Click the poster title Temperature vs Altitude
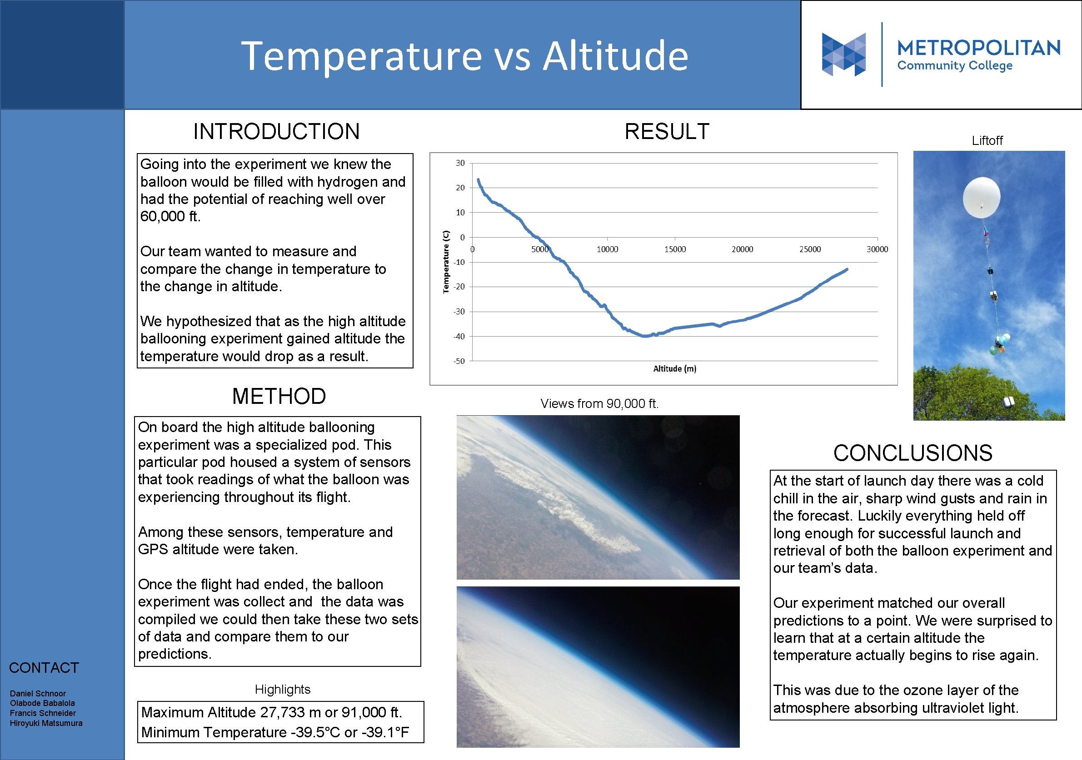[x=464, y=56]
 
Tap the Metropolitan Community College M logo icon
[x=843, y=54]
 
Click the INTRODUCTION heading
[x=276, y=131]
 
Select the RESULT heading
[x=666, y=131]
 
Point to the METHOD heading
[x=279, y=396]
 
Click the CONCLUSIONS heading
[x=912, y=453]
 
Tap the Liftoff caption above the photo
[x=987, y=140]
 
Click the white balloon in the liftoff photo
[x=981, y=197]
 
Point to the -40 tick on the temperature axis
[x=459, y=337]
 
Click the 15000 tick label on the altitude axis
[x=674, y=249]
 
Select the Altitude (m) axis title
[x=674, y=368]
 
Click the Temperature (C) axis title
[x=446, y=262]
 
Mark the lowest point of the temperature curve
[x=644, y=337]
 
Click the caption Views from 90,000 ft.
[x=599, y=404]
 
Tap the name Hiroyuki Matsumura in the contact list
[x=46, y=723]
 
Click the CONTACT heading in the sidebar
[x=44, y=668]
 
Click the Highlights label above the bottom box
[x=282, y=689]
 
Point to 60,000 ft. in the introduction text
[x=170, y=216]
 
